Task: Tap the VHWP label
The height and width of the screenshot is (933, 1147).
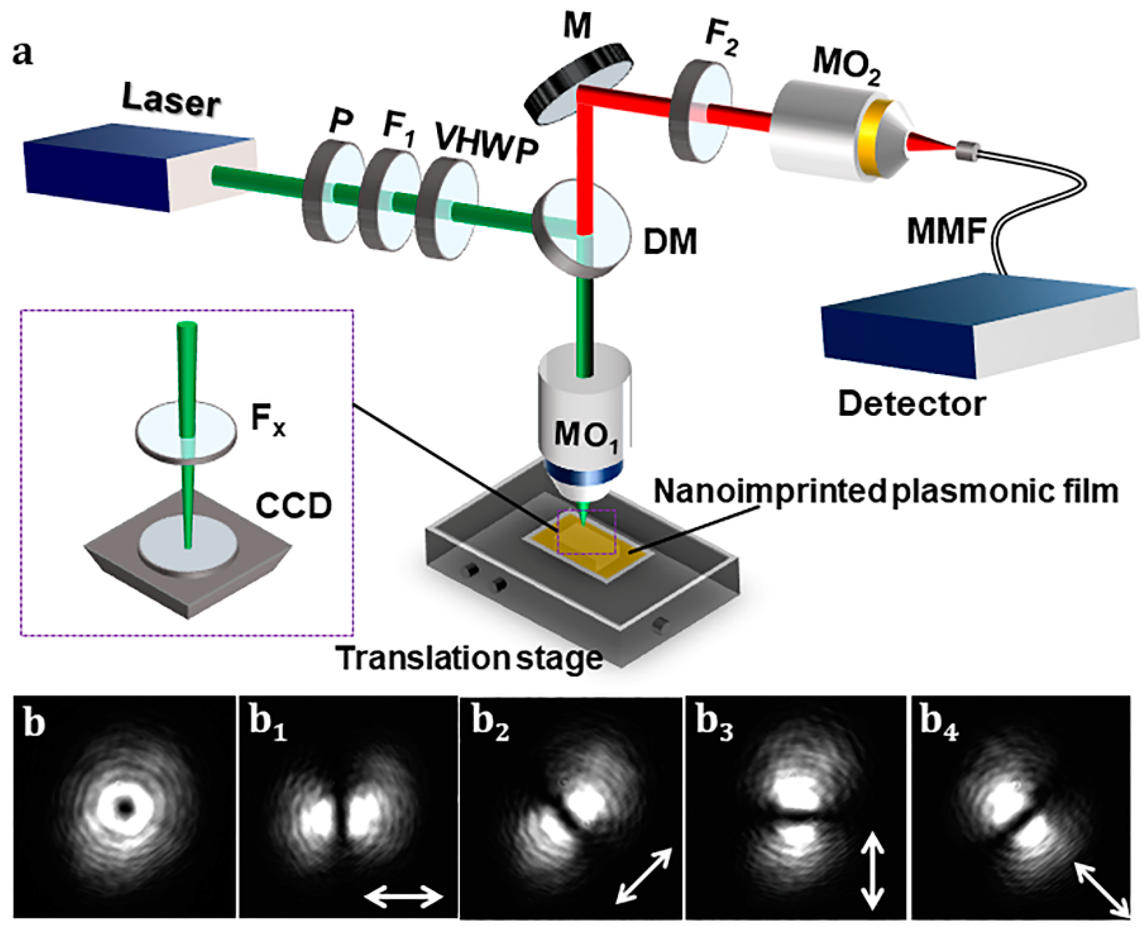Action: coord(486,142)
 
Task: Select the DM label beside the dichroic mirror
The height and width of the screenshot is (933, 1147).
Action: coord(670,241)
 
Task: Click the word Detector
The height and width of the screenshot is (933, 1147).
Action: coord(912,404)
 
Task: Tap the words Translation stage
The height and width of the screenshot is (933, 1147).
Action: coord(469,658)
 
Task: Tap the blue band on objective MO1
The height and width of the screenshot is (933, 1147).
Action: coord(585,473)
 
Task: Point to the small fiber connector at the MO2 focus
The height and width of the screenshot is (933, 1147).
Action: coord(967,150)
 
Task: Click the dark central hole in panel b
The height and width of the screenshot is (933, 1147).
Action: coord(125,806)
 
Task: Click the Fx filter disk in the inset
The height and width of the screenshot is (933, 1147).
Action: coord(185,433)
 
